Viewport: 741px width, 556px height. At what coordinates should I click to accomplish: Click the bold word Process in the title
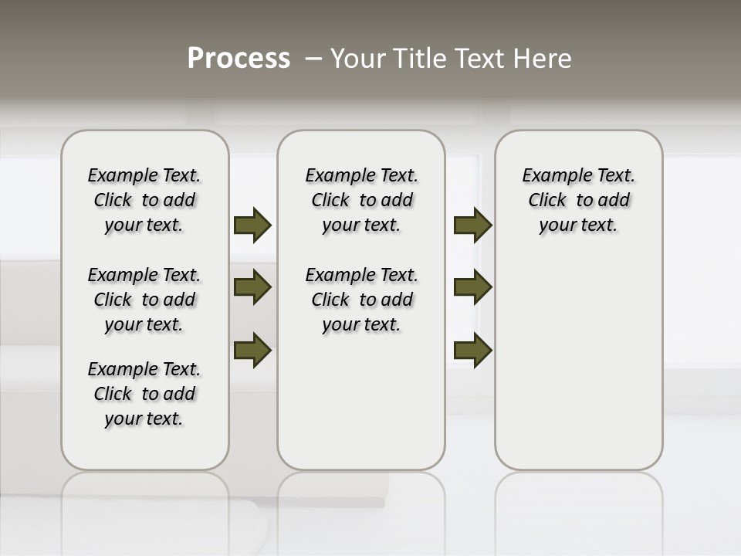tap(239, 59)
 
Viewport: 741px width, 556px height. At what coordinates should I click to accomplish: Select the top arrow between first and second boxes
tap(252, 225)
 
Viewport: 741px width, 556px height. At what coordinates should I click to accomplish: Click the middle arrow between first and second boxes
tap(252, 288)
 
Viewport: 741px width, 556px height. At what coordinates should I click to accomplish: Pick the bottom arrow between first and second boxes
tap(252, 350)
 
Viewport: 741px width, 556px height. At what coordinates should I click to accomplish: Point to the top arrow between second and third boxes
tap(472, 225)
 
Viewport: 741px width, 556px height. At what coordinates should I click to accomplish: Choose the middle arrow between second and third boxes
tap(472, 288)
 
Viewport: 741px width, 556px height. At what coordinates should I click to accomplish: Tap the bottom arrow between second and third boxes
tap(472, 350)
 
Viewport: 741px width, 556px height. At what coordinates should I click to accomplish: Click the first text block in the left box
tap(144, 200)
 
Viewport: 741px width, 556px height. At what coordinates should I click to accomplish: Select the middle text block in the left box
tap(144, 300)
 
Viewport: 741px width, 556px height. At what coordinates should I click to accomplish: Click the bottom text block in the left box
tap(144, 394)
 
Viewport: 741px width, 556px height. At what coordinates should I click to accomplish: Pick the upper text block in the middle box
tap(362, 200)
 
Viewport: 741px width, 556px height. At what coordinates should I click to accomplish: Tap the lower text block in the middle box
tap(362, 300)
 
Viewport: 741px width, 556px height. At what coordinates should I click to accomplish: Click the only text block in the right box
tap(579, 200)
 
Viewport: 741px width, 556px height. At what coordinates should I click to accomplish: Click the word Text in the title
tap(482, 59)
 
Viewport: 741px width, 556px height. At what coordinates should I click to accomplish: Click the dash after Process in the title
tap(313, 59)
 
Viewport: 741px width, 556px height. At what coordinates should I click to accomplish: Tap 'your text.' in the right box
tap(579, 225)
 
